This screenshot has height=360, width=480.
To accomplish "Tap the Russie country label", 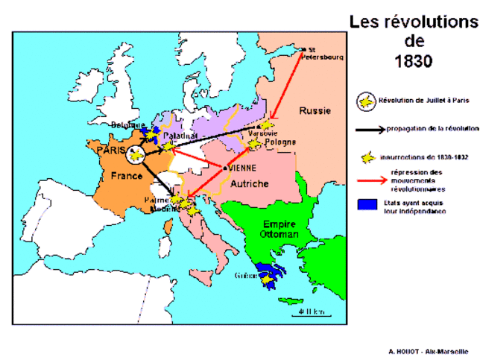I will point(315,111).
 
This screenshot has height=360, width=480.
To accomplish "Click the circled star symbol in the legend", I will point(367,102).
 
